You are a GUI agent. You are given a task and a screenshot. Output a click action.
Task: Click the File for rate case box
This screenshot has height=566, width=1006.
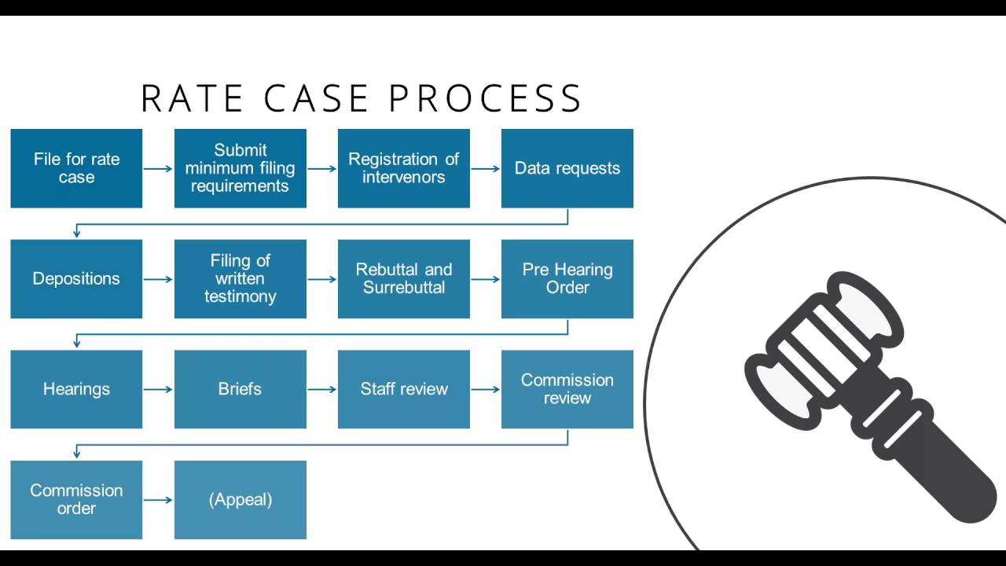(x=76, y=168)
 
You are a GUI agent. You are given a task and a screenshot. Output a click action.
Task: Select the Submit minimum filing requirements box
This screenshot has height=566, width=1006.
(x=240, y=168)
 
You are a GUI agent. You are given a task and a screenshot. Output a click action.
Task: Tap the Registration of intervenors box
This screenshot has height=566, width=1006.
(x=403, y=168)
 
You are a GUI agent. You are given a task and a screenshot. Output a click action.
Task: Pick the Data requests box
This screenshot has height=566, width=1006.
(x=567, y=168)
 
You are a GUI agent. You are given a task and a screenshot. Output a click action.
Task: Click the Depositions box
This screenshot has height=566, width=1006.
(x=76, y=279)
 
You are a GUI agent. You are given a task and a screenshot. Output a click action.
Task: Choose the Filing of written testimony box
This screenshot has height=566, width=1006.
(x=240, y=279)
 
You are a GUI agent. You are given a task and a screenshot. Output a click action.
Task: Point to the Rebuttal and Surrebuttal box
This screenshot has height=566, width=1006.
(x=403, y=279)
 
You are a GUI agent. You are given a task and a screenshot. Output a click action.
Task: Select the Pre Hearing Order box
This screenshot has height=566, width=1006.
(x=567, y=279)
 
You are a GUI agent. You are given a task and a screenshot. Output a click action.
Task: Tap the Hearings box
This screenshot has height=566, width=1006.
(x=76, y=389)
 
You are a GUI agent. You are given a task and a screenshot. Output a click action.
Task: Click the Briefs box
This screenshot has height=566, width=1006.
(x=240, y=389)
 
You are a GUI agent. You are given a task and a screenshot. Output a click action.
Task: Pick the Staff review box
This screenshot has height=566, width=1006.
(x=403, y=389)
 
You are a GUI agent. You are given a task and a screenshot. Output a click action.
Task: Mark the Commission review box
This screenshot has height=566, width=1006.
(x=567, y=389)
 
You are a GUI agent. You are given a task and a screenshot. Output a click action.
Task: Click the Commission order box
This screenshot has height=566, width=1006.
(x=76, y=499)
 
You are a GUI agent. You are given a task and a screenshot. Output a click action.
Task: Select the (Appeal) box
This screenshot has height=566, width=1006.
(x=240, y=499)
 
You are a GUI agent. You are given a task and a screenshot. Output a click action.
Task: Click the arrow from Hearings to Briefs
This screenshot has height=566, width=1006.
(x=158, y=389)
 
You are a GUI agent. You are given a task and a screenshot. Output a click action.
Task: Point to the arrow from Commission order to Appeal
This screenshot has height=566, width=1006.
(x=158, y=499)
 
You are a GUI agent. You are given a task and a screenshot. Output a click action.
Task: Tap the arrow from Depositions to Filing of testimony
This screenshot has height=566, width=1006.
(x=158, y=279)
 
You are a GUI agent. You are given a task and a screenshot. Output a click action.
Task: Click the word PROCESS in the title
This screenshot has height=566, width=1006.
(x=485, y=99)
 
